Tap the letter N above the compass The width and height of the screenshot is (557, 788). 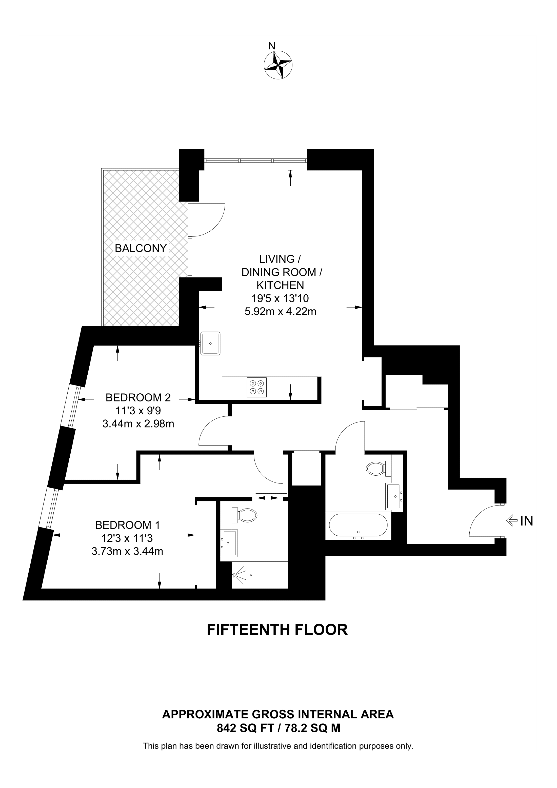272,46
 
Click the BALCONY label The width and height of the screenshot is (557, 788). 141,248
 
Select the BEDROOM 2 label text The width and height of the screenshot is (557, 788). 138,397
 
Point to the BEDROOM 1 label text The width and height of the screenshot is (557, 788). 128,525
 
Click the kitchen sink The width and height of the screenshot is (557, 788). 210,343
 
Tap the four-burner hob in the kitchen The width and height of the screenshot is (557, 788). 257,387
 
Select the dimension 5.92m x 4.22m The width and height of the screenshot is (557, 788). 280,312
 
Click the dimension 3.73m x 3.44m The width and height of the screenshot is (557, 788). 127,551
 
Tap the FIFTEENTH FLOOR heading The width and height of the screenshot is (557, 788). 277,630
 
